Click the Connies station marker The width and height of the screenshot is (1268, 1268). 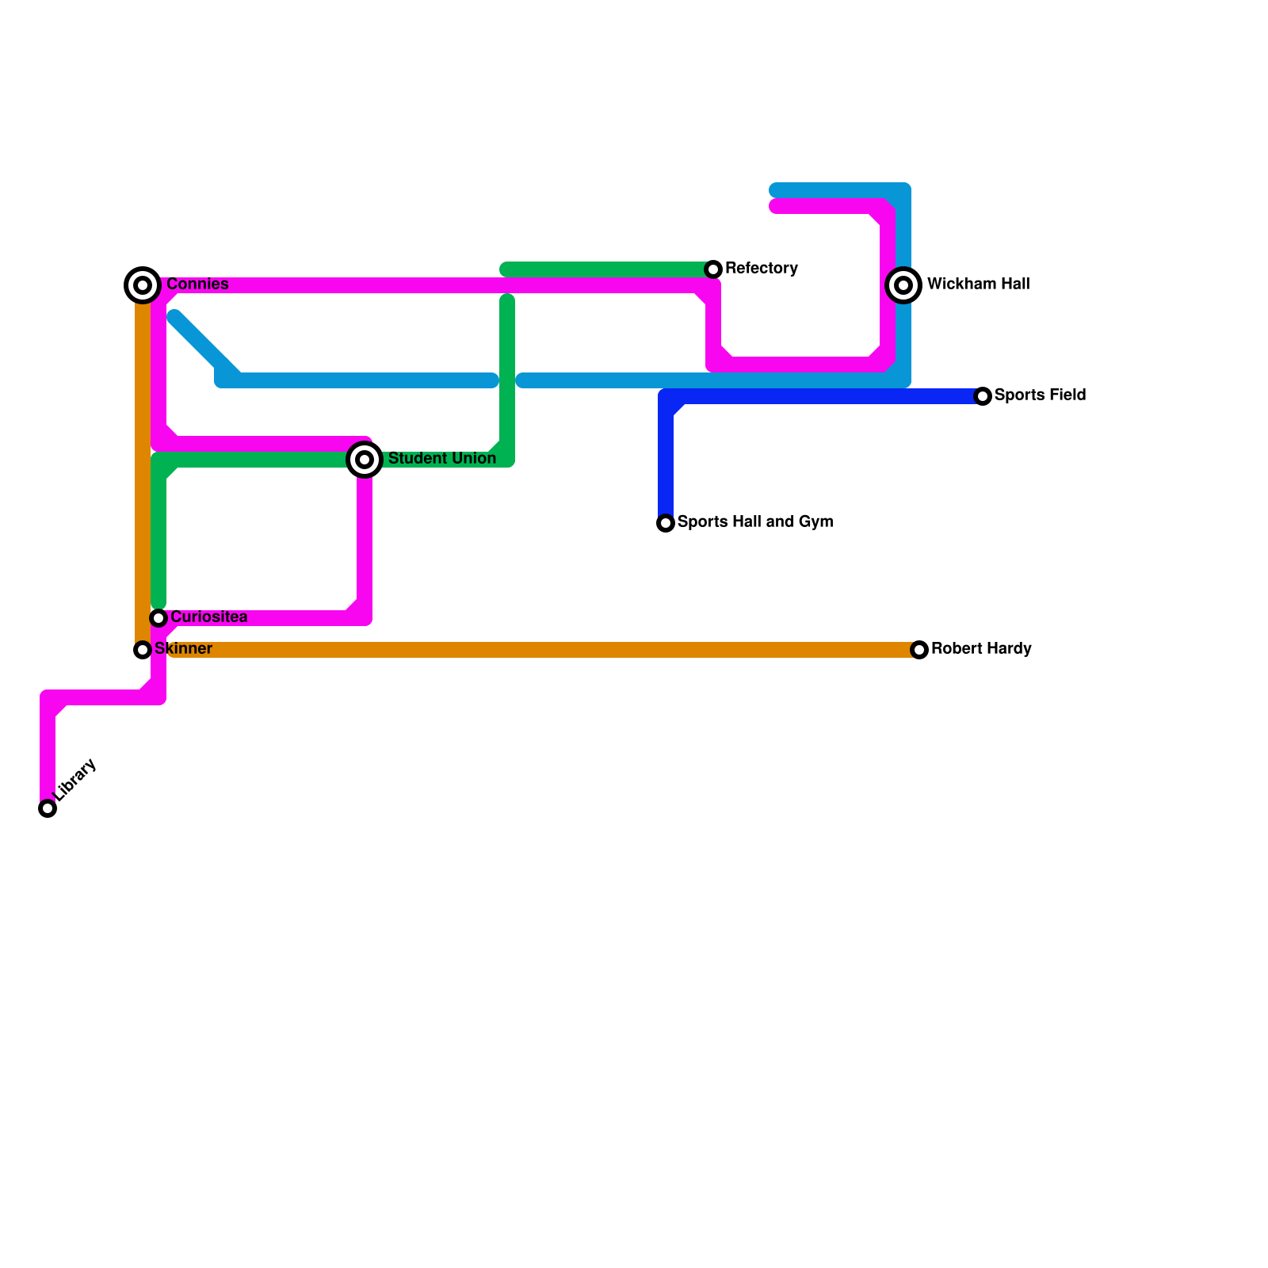coord(143,285)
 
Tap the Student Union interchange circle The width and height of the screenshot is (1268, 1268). coord(365,460)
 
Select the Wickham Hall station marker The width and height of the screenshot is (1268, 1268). coord(903,285)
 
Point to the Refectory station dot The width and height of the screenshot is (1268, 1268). coord(713,269)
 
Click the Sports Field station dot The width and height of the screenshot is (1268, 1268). coord(983,396)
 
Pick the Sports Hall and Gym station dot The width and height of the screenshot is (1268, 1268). coord(666,523)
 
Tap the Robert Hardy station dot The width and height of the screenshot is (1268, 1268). coord(919,650)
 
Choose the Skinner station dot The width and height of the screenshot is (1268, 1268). coord(143,650)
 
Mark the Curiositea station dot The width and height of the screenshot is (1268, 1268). coord(158,618)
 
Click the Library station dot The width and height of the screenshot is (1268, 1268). coord(48,808)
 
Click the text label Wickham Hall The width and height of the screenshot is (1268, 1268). coord(978,284)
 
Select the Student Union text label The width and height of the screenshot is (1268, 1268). coord(441,458)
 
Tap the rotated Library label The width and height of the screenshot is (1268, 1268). coord(76,780)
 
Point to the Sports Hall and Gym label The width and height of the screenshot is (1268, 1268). coord(754,521)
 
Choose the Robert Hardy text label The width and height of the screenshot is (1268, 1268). coord(980,648)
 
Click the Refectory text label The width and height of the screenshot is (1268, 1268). coord(761,268)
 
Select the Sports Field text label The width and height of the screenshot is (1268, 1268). coord(1040,395)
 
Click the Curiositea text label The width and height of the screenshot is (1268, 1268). coord(208,617)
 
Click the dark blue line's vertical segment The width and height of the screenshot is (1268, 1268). coord(666,460)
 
